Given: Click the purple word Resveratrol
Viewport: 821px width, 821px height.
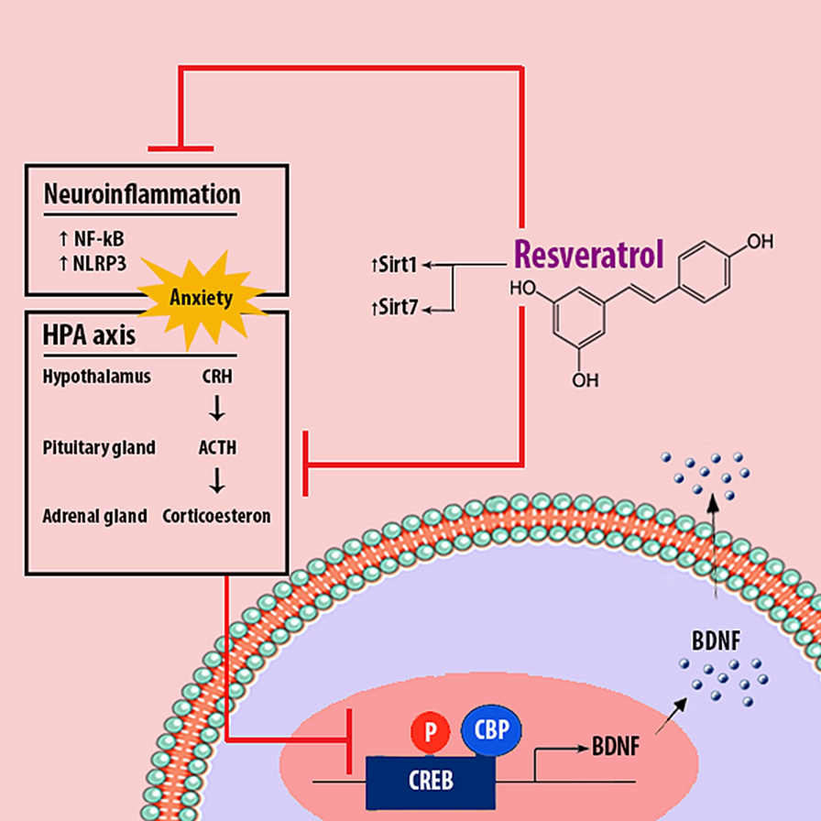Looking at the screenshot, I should [x=586, y=255].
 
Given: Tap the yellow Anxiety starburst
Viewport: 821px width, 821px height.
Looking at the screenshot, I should [x=202, y=297].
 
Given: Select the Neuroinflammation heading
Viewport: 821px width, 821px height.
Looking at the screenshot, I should [x=142, y=194].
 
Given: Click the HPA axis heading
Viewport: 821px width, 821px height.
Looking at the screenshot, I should [x=89, y=335].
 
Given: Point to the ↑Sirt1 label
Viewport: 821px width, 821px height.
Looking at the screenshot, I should [x=393, y=266].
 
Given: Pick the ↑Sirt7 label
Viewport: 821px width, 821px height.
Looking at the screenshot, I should [x=393, y=309].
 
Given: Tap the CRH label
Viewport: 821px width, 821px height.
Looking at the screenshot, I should [x=217, y=376].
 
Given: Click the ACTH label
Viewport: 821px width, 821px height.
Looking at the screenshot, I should [x=217, y=448].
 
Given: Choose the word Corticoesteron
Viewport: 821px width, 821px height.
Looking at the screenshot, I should [x=217, y=516].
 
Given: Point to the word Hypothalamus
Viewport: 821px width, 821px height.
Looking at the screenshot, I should [x=96, y=376].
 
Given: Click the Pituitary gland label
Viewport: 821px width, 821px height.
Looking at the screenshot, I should [x=99, y=448].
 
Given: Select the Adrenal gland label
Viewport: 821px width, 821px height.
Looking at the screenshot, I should [x=95, y=516].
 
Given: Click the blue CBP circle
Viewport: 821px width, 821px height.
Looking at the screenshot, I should [x=490, y=730].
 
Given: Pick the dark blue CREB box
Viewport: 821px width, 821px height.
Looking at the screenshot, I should [x=431, y=781].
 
